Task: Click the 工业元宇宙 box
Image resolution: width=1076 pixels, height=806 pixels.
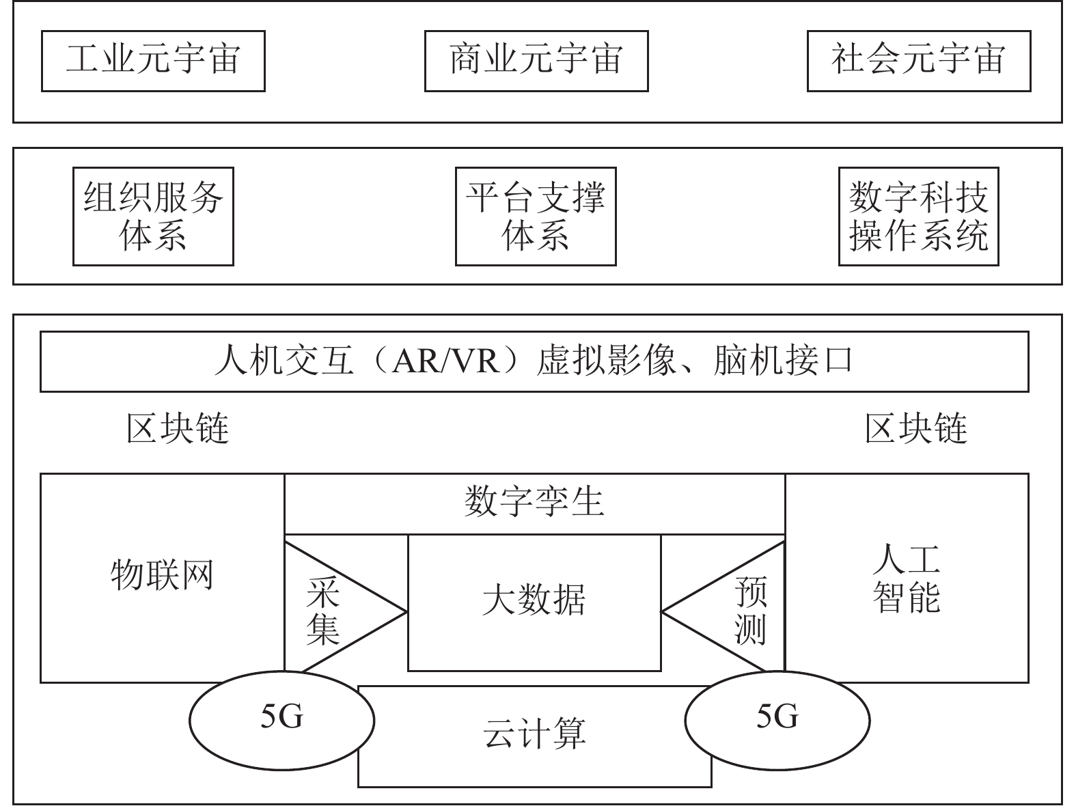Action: (x=153, y=60)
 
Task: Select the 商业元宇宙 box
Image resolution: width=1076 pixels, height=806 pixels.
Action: (x=536, y=60)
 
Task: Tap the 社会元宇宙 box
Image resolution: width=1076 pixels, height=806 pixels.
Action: (x=919, y=60)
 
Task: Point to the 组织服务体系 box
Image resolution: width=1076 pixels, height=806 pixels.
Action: (x=153, y=216)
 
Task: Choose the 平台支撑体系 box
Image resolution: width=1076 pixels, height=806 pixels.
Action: (x=536, y=216)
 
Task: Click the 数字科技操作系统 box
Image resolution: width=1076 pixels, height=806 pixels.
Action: (x=919, y=216)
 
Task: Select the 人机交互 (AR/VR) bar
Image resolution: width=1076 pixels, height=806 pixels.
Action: (x=534, y=361)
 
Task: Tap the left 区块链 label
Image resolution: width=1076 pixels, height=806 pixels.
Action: (x=178, y=429)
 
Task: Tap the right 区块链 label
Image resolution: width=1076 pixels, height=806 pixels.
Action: (x=916, y=429)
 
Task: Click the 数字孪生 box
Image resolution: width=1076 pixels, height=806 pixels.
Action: (x=534, y=503)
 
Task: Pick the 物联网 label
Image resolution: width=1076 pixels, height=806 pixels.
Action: (x=162, y=575)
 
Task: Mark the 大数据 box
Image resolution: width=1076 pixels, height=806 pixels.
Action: (x=534, y=601)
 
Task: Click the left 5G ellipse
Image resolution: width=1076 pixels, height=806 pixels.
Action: (x=281, y=718)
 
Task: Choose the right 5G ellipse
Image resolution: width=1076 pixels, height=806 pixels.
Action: (x=777, y=718)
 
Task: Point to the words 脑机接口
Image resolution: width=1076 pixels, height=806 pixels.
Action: (x=783, y=361)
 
